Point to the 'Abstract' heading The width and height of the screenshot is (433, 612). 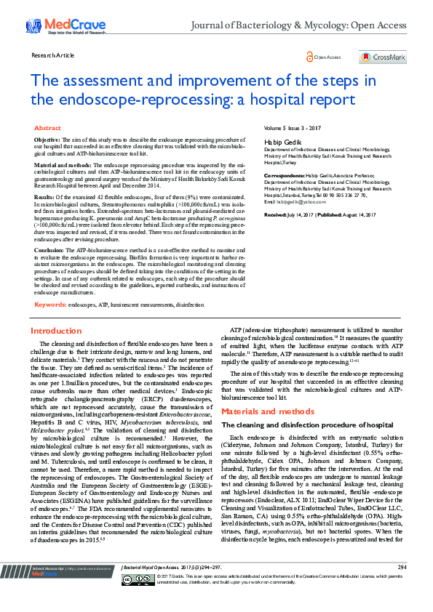48,127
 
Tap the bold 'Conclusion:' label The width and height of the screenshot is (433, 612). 50,249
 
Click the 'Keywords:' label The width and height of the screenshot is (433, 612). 50,304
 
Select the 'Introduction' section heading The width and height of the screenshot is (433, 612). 55,331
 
